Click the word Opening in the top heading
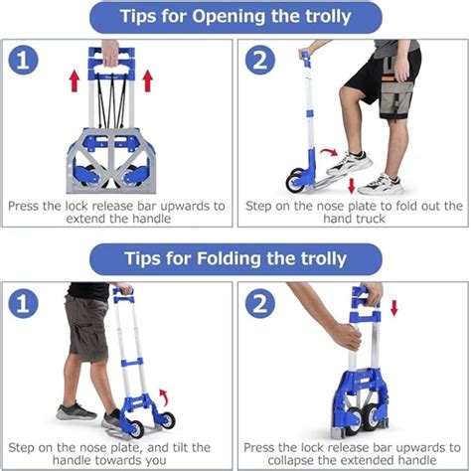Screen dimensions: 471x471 click(230, 17)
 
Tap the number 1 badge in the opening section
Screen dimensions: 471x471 click(23, 60)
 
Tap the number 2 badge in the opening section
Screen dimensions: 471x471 click(260, 60)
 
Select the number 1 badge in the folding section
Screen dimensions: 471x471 click(23, 303)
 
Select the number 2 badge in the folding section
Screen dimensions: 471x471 click(260, 303)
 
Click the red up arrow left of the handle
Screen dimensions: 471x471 click(75, 81)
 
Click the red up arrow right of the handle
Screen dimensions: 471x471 click(147, 81)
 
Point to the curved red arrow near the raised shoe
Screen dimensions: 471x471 click(329, 152)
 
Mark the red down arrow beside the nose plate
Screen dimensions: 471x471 click(352, 186)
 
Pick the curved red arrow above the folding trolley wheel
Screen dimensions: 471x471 click(164, 397)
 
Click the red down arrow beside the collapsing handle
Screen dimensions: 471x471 click(393, 308)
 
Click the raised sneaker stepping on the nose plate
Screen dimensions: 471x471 click(350, 163)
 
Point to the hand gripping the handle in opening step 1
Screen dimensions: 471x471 click(110, 53)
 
